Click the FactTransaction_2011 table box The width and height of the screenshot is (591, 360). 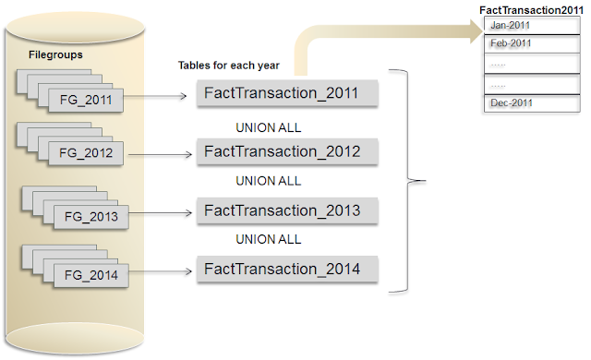point(288,93)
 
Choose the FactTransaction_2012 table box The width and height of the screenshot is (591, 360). point(288,151)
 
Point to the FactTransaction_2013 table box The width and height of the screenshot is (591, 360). point(288,210)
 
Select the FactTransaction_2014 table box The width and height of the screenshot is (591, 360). point(288,270)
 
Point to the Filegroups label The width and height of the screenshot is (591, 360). point(54,55)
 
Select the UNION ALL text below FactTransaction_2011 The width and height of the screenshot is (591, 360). point(269,126)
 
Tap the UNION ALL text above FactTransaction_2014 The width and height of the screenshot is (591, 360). point(269,239)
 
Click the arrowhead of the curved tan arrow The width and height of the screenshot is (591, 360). point(476,30)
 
